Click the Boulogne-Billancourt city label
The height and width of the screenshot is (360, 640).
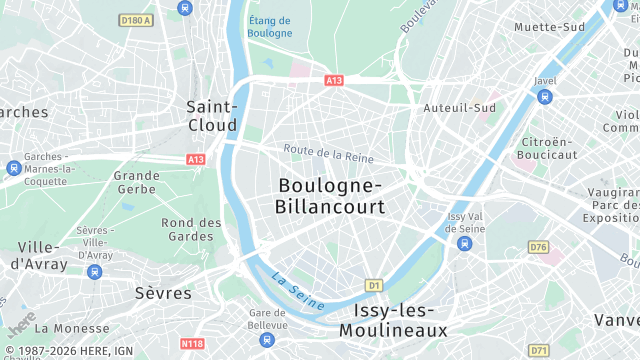329,196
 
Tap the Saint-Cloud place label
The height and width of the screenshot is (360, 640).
212,115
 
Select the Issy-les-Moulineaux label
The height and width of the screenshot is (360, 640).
392,319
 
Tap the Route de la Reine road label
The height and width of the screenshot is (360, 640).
328,155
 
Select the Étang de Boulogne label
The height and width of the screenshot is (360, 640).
270,26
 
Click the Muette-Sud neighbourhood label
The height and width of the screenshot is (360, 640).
549,27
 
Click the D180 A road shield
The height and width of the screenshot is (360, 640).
134,20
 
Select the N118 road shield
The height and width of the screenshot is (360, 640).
193,344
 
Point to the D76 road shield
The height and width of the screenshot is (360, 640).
539,247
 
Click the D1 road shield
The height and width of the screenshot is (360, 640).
375,285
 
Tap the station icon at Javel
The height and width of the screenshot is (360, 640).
544,97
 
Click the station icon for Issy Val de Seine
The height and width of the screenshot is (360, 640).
464,243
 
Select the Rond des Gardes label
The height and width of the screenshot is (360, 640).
192,229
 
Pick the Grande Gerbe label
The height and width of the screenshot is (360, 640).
137,182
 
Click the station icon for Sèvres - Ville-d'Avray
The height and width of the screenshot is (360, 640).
94,271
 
